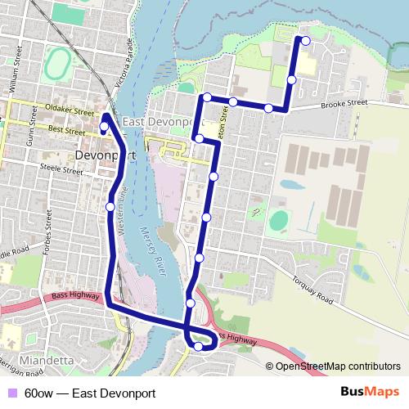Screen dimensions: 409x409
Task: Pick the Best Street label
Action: pos(67,130)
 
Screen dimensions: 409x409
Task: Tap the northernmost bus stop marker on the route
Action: pos(306,40)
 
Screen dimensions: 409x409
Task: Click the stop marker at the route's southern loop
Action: pos(198,347)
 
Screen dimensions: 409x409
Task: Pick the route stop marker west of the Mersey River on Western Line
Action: pos(110,207)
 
